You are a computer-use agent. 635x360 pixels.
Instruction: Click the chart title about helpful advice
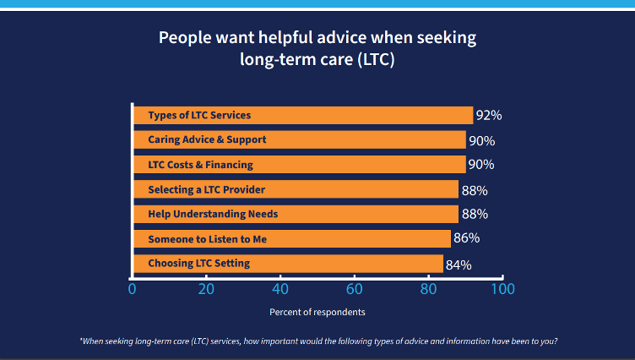pyautogui.click(x=317, y=49)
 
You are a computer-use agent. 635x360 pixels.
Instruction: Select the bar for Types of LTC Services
pyautogui.click(x=302, y=115)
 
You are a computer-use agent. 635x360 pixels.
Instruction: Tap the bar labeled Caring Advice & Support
pyautogui.click(x=299, y=139)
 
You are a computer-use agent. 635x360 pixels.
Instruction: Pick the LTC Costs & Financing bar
pyautogui.click(x=299, y=165)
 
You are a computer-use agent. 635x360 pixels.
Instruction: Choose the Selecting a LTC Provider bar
pyautogui.click(x=296, y=189)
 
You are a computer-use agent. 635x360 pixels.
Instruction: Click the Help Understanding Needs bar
pyautogui.click(x=296, y=214)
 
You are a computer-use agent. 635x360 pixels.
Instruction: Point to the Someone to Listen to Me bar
pyautogui.click(x=291, y=239)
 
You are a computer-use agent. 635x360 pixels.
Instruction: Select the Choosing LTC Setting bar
pyautogui.click(x=288, y=264)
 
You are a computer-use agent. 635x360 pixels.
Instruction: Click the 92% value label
pyautogui.click(x=489, y=116)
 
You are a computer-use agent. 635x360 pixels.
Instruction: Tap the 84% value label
pyautogui.click(x=459, y=265)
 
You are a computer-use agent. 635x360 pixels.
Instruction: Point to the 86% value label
pyautogui.click(x=466, y=240)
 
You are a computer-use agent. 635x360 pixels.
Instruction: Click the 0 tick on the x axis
pyautogui.click(x=132, y=289)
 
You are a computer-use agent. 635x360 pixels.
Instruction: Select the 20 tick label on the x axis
pyautogui.click(x=206, y=289)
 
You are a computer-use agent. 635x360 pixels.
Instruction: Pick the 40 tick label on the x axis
pyautogui.click(x=280, y=289)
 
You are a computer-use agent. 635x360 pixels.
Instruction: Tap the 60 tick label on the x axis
pyautogui.click(x=354, y=289)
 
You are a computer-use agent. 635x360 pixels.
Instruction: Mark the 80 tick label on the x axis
pyautogui.click(x=428, y=289)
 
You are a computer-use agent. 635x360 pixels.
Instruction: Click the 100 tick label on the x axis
pyautogui.click(x=502, y=289)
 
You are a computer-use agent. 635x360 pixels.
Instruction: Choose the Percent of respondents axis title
pyautogui.click(x=317, y=312)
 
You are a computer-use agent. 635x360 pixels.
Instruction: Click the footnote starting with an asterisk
pyautogui.click(x=317, y=341)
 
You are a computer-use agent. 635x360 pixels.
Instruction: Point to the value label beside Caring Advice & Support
pyautogui.click(x=481, y=141)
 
